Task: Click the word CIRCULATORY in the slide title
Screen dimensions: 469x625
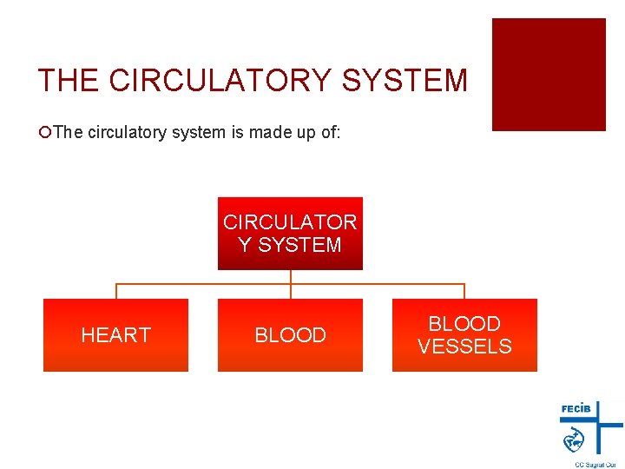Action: tap(221, 81)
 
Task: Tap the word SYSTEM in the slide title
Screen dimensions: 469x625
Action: tap(405, 81)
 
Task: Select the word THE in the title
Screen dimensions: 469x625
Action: tap(69, 81)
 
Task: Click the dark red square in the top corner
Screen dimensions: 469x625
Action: tap(549, 75)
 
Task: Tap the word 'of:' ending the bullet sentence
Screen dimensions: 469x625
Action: tap(329, 133)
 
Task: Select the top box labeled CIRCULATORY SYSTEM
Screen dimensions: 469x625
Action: tap(290, 234)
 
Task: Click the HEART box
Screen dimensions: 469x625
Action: tap(115, 335)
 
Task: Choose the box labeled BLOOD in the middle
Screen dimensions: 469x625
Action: tap(290, 335)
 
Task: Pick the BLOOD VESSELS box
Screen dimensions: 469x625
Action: tap(464, 335)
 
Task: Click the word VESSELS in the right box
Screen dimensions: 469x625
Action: tap(464, 347)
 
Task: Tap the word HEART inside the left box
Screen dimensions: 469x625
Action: tap(115, 335)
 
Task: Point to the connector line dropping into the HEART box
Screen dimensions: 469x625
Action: tap(116, 291)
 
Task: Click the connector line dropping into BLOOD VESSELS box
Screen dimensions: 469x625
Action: tap(464, 291)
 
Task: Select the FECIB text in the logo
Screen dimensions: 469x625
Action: tap(577, 408)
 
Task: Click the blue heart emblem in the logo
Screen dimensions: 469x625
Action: tap(574, 440)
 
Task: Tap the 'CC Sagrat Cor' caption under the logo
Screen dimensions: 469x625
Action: tap(595, 464)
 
